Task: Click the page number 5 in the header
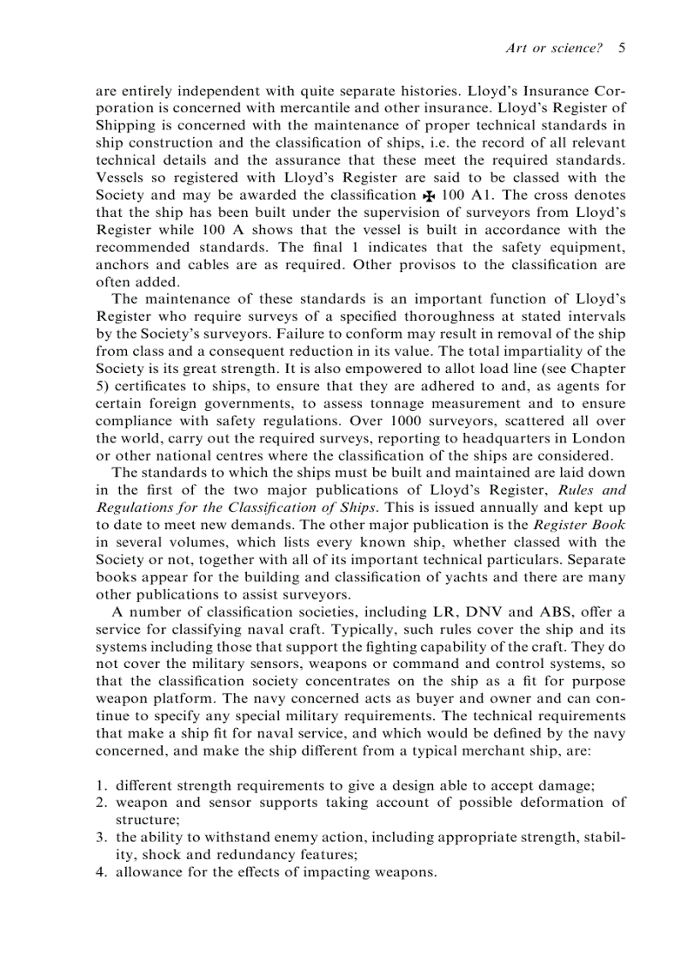pyautogui.click(x=621, y=49)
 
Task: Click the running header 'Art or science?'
pyautogui.click(x=554, y=49)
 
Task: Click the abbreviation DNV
pyautogui.click(x=486, y=611)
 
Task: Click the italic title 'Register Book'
pyautogui.click(x=578, y=525)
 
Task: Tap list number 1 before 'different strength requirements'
pyautogui.click(x=100, y=785)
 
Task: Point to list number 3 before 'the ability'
pyautogui.click(x=100, y=837)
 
